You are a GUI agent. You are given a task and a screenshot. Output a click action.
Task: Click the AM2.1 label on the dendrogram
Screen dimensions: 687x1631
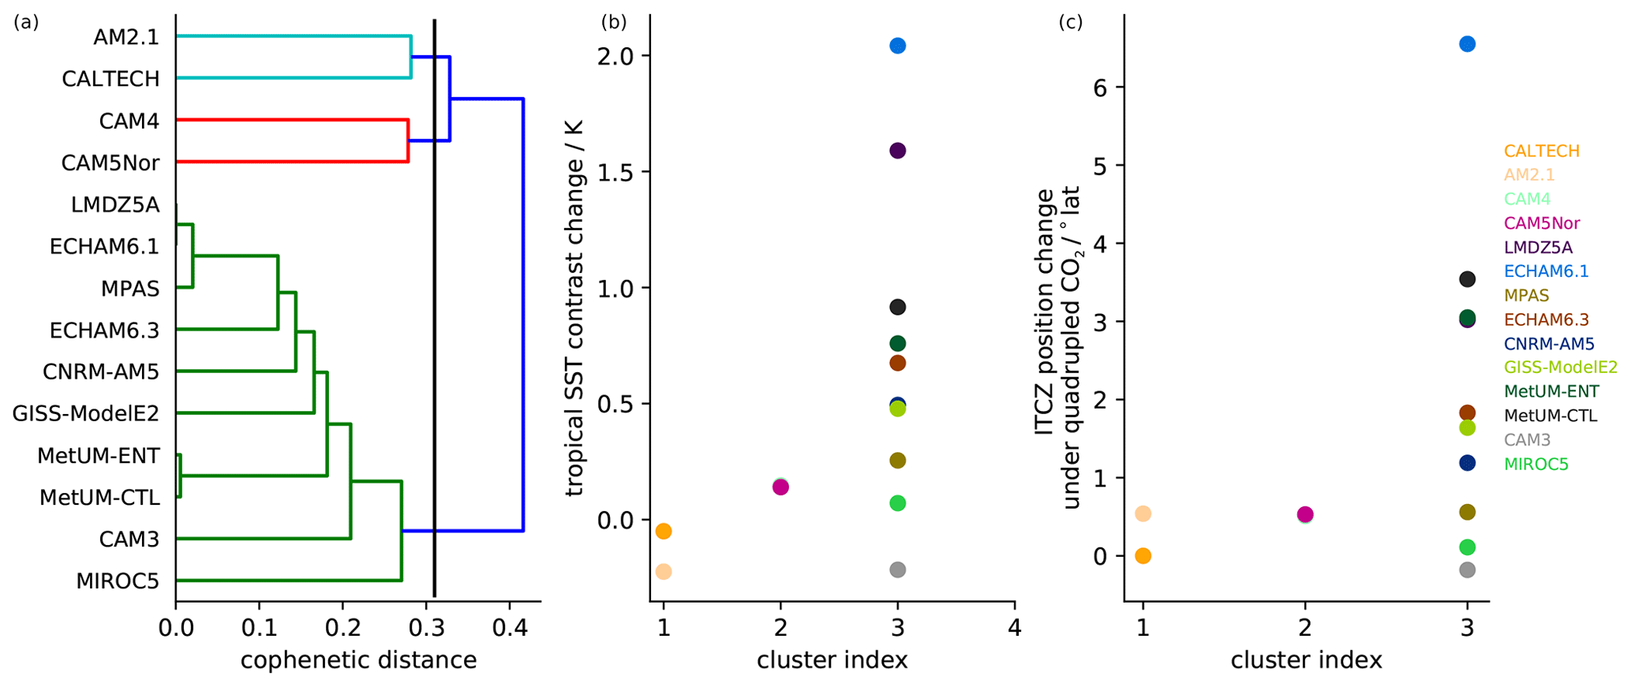125,37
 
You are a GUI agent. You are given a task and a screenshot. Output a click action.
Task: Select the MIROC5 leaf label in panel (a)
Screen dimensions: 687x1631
118,581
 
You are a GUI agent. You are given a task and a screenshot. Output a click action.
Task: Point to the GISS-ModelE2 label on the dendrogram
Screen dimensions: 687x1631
85,413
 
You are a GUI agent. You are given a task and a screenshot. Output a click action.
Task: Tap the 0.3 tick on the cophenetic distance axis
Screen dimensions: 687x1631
426,628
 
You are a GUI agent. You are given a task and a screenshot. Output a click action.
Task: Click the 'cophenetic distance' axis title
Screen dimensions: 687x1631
358,659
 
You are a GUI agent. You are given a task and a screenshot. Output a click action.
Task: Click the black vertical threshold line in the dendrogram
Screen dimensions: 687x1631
435,315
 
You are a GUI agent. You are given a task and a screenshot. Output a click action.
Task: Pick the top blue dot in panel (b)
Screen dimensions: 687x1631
897,46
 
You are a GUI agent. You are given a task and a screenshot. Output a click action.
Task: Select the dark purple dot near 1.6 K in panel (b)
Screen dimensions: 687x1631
897,151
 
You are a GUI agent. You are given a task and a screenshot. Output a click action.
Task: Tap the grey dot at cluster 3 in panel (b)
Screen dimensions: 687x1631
897,569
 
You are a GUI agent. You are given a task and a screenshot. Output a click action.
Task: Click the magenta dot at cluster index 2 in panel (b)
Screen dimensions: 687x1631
780,487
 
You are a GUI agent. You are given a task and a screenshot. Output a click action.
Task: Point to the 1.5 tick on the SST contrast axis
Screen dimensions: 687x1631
615,172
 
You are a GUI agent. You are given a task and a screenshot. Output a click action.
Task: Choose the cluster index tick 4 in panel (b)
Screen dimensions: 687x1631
1015,628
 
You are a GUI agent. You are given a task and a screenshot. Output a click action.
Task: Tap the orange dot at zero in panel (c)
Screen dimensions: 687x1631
1143,556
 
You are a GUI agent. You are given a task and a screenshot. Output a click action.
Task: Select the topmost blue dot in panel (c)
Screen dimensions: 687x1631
1467,44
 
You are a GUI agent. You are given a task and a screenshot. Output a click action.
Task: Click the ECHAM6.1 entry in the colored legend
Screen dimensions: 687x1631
1546,271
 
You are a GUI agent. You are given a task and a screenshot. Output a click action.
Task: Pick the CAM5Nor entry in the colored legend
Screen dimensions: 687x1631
1541,223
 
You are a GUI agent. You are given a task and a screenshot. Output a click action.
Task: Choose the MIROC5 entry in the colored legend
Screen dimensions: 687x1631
1536,464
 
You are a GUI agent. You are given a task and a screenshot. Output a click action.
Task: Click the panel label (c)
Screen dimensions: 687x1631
1070,22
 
